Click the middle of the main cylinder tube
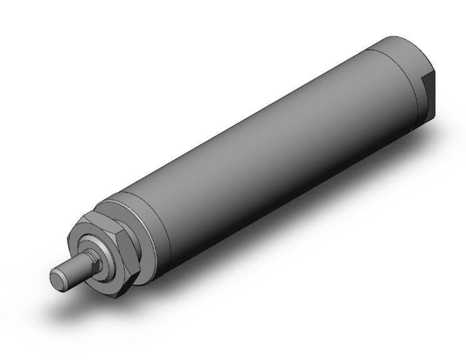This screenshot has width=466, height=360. tap(263, 144)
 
